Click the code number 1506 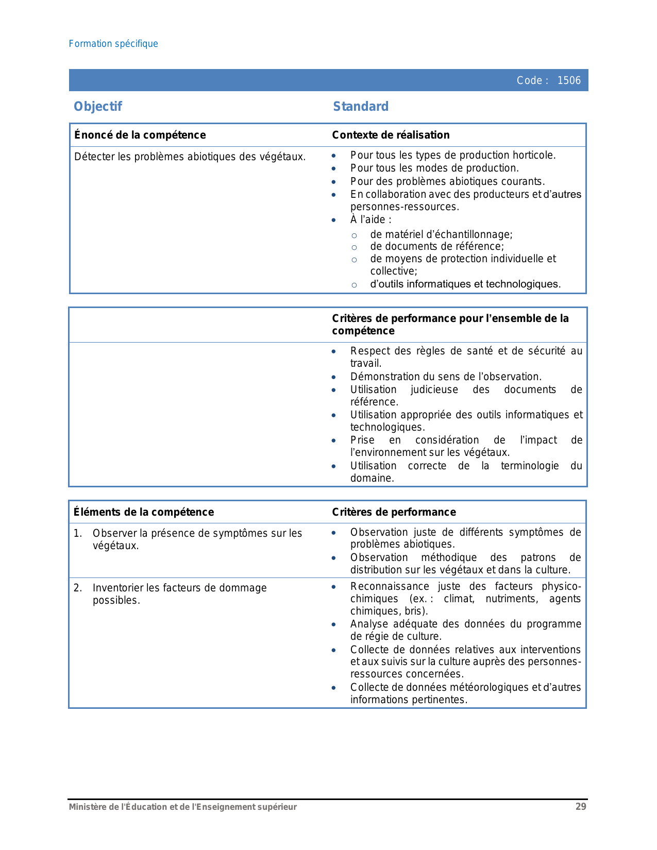point(569,80)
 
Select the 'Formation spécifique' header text point(113,44)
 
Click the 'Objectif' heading point(98,107)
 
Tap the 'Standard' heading point(361,107)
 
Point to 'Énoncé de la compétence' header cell point(140,135)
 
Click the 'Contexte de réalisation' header point(391,135)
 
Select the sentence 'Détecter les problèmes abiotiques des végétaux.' point(190,157)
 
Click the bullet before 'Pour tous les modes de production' point(334,168)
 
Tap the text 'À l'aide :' point(370,220)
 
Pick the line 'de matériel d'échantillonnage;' point(441,235)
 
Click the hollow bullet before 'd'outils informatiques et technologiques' point(354,285)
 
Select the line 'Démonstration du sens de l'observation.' point(446,377)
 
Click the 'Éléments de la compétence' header point(144,512)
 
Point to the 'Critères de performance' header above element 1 point(394,512)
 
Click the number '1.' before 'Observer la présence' point(78,533)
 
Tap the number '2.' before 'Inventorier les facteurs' point(78,588)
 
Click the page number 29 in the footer point(581,807)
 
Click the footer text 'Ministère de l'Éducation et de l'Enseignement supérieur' point(183,807)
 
